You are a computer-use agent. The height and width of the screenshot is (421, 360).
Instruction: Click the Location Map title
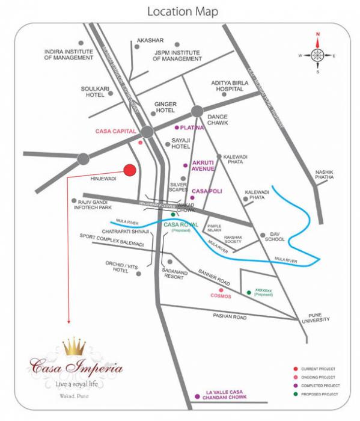coord(183,11)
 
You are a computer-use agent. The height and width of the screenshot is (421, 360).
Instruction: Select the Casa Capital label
coord(116,131)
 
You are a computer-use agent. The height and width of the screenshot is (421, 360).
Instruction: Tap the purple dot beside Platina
coord(177,128)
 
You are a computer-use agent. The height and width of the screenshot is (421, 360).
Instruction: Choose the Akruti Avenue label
coord(203,165)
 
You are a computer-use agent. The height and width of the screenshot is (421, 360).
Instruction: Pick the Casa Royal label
coord(181,224)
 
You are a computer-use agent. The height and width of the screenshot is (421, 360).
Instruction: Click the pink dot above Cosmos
coord(221,290)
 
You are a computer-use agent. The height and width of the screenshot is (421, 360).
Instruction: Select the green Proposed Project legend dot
coord(296,394)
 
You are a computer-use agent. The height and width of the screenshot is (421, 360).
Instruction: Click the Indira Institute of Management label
coord(69,55)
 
